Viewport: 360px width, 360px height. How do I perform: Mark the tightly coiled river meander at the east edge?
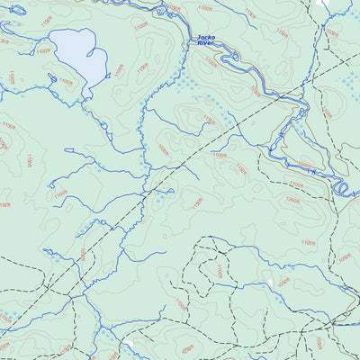341,188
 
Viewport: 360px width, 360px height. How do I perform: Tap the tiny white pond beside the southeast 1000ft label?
270,283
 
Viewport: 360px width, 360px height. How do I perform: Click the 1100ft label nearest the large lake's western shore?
43,51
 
